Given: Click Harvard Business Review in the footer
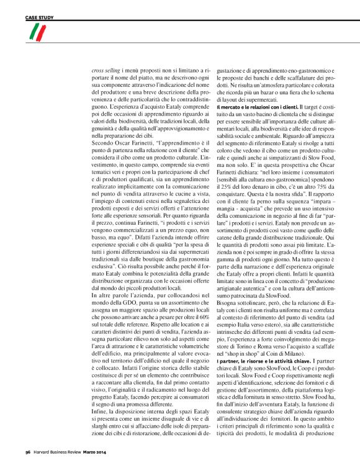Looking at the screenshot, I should pos(60,451).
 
